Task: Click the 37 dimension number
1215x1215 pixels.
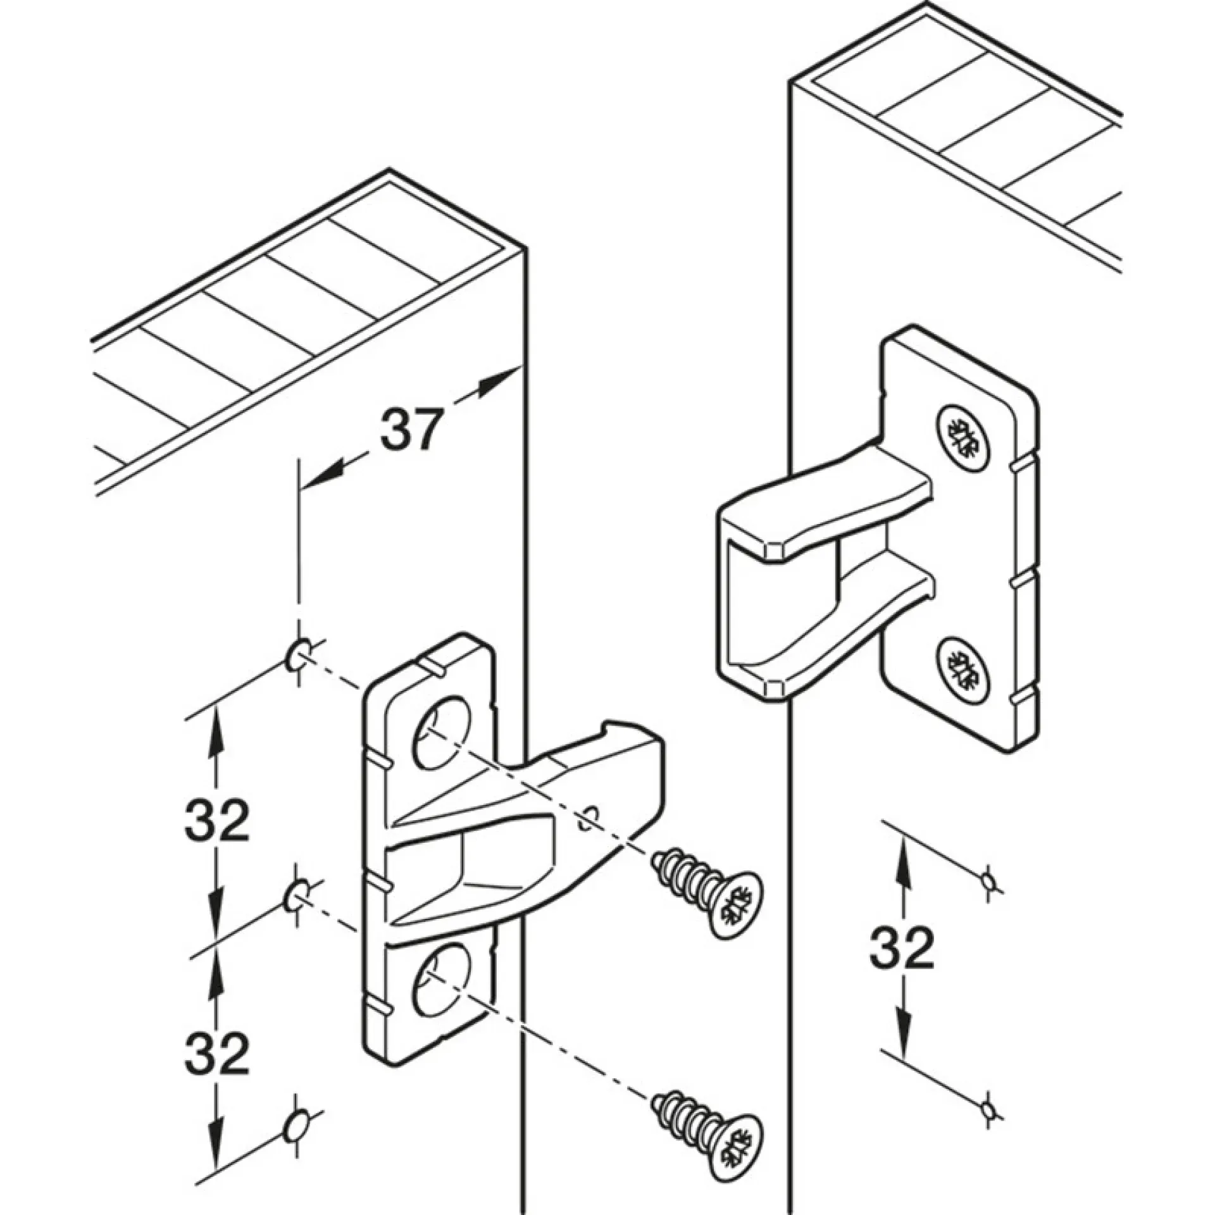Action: (409, 430)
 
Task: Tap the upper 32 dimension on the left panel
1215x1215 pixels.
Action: (217, 820)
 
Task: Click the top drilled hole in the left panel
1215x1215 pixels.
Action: (297, 656)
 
